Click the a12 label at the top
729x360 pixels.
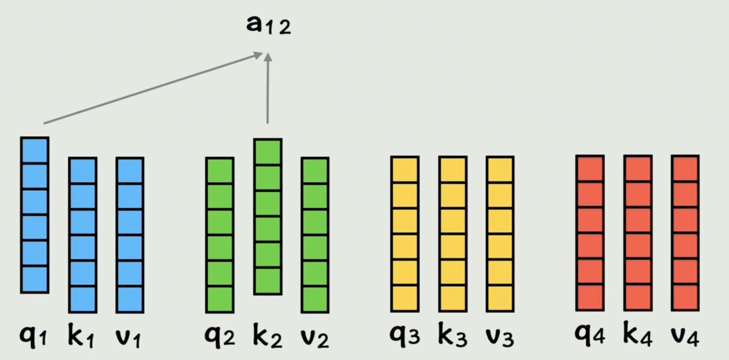[268, 25]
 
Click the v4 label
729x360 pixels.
[685, 336]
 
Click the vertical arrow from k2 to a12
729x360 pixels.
[268, 89]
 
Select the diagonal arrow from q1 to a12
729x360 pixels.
[153, 88]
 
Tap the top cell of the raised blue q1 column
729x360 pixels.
[34, 151]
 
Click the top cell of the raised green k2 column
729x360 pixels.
[267, 153]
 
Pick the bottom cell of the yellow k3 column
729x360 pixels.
[452, 298]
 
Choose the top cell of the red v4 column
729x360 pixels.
[685, 169]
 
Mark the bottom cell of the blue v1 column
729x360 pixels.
[130, 299]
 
